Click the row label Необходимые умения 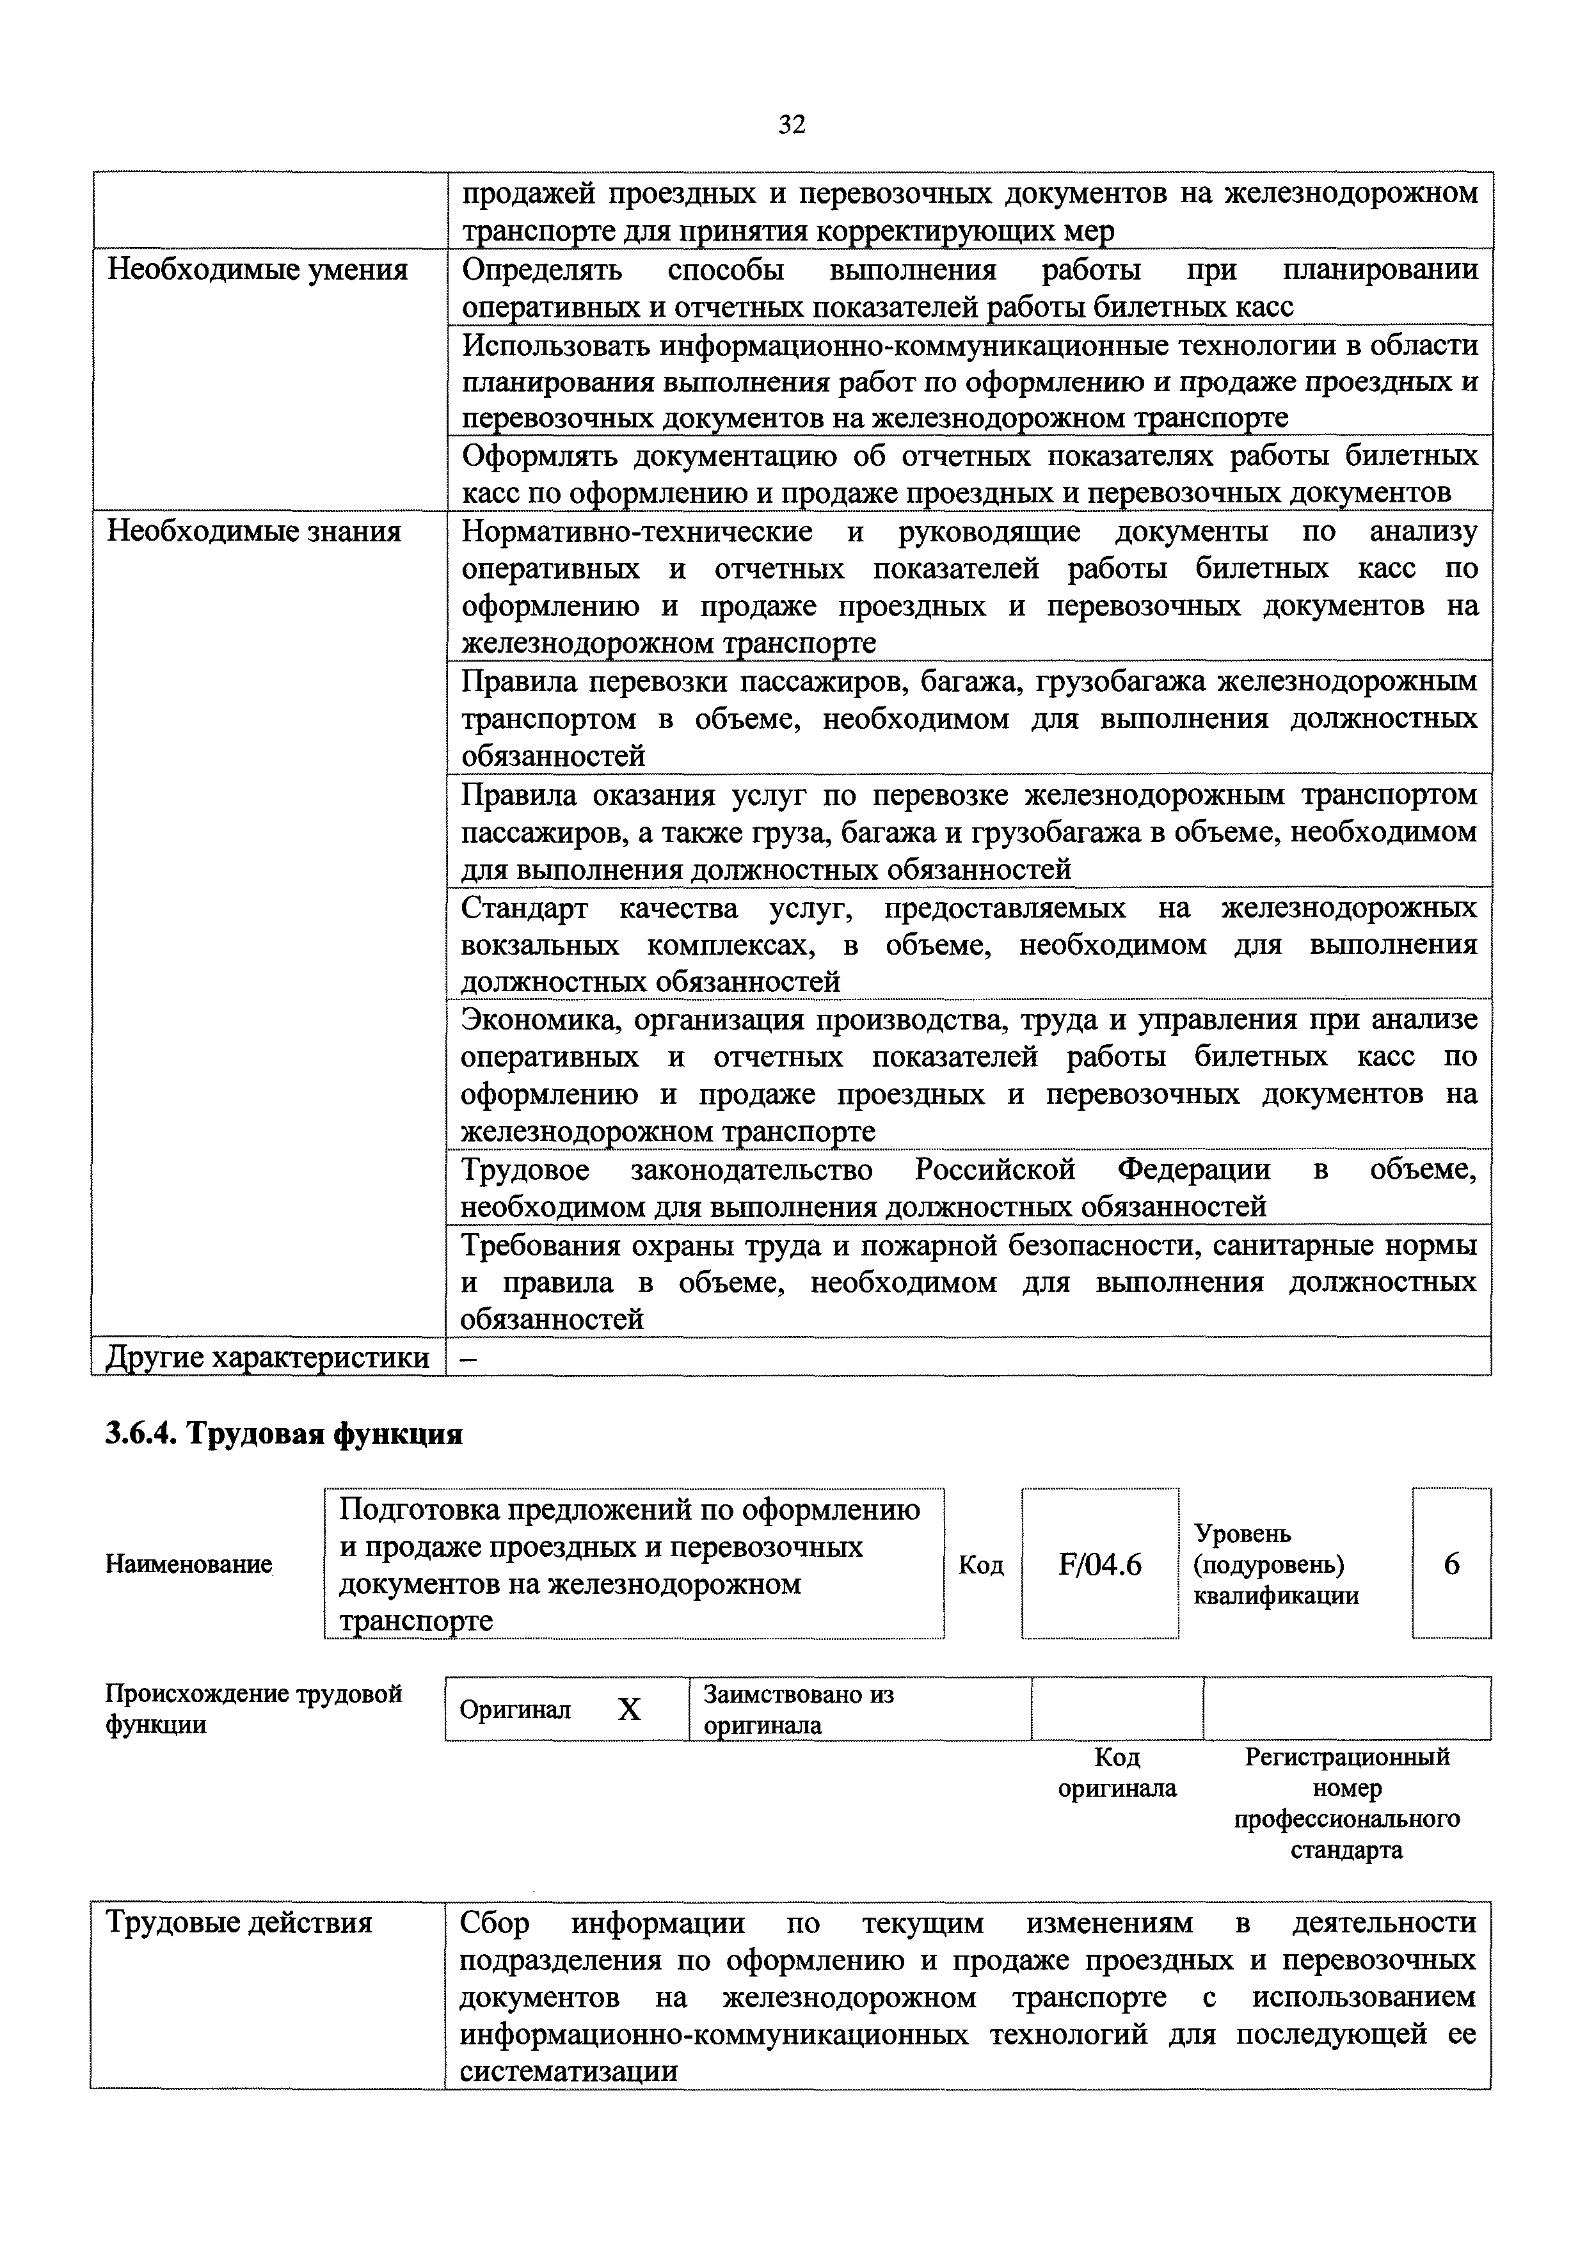point(257,270)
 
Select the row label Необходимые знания point(254,532)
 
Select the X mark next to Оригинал point(629,1709)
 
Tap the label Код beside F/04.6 point(980,1566)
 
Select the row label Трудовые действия point(239,1923)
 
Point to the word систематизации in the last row point(569,2072)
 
